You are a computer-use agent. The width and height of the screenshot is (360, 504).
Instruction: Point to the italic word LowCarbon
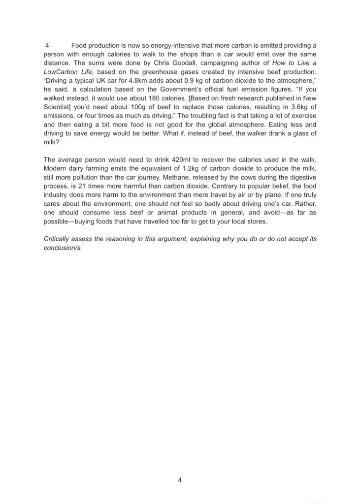61,72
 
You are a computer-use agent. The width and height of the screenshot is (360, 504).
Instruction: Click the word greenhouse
156,72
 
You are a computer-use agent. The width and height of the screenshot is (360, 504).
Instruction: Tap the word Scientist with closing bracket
58,107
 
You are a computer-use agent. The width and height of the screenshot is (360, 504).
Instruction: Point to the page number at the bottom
180,480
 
